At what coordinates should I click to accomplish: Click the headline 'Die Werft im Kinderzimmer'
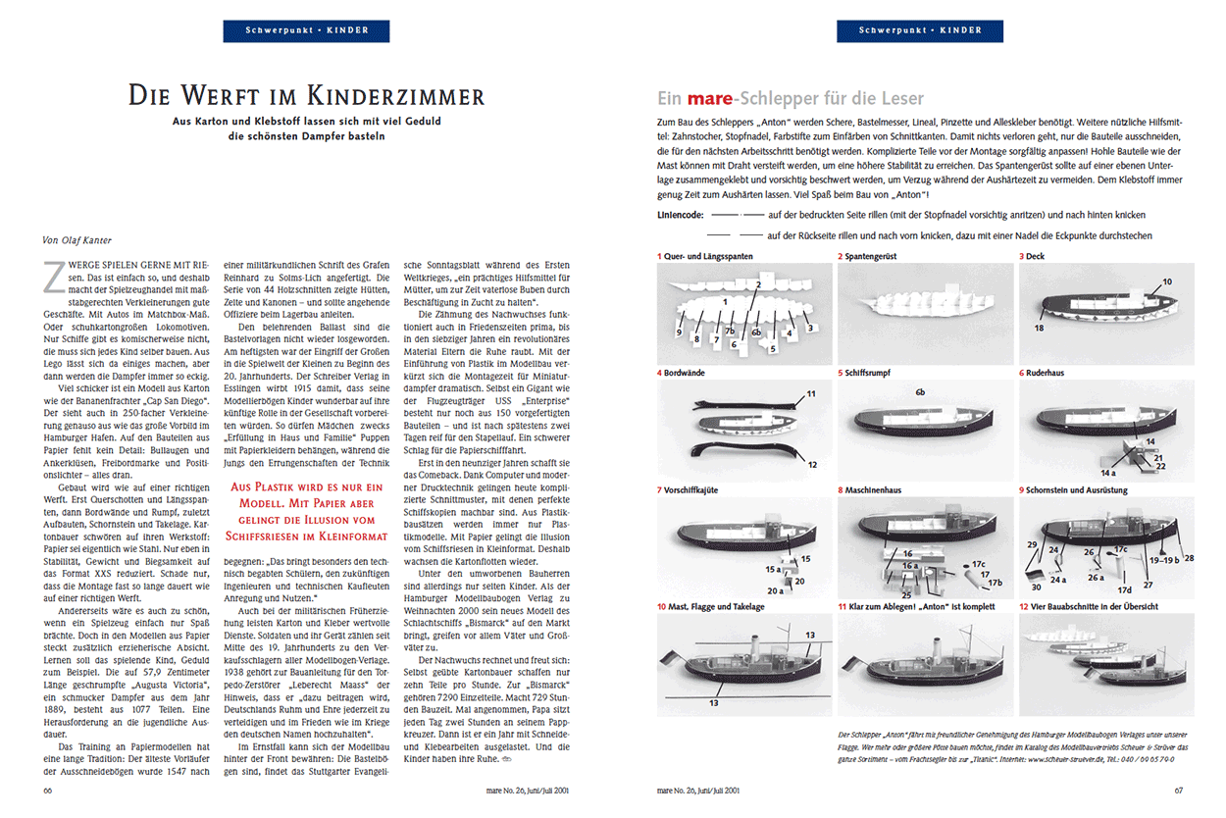tap(307, 96)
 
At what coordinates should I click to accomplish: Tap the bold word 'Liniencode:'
tap(681, 215)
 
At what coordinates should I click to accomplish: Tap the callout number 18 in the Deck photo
tap(1038, 329)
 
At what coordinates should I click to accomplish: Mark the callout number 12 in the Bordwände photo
tap(812, 464)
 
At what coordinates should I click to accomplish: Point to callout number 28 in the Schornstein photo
tap(1189, 558)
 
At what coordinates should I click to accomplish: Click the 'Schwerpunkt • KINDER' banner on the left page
tap(306, 30)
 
